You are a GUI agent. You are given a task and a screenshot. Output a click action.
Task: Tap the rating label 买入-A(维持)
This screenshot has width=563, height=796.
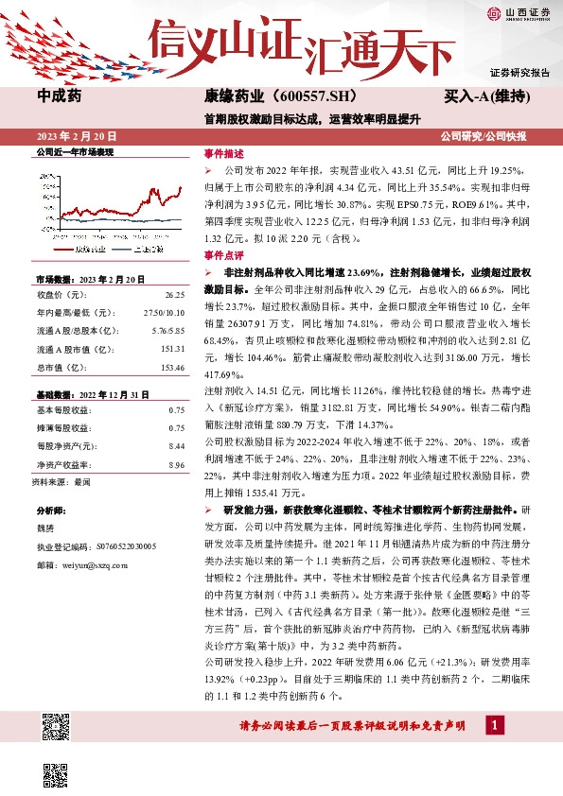point(484,96)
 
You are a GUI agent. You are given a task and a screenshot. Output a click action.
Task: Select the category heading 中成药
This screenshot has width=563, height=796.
point(59,96)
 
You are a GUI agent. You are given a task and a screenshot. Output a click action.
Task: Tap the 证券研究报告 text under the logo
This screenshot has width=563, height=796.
point(519,72)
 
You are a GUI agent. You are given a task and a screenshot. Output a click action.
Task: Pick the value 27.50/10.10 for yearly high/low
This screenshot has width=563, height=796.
point(163,311)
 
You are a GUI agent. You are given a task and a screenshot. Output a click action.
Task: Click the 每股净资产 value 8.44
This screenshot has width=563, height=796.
point(175,444)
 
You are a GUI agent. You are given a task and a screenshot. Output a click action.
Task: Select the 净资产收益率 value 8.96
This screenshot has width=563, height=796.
point(175,463)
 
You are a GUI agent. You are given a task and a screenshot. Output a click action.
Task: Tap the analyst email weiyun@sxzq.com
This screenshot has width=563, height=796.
point(93,564)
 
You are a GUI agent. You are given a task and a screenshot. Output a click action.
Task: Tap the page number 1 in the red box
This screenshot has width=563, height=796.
point(494,724)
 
